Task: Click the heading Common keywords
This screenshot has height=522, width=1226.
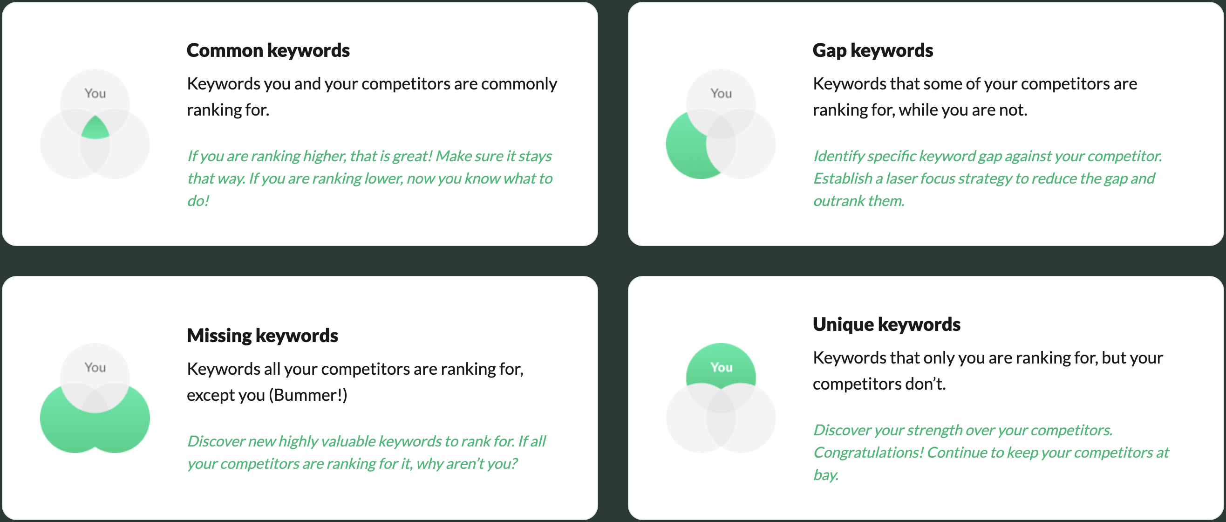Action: click(x=268, y=50)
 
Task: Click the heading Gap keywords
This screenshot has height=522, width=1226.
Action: click(x=872, y=50)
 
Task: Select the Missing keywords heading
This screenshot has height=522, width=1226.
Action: click(x=262, y=336)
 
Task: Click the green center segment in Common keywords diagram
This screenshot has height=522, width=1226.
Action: click(x=95, y=129)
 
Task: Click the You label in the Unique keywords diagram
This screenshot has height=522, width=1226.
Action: click(x=721, y=367)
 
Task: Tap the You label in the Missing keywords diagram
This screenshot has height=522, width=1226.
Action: click(x=95, y=367)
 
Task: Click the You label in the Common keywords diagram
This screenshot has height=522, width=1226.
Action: click(x=95, y=93)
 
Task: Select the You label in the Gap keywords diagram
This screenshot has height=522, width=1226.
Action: click(x=721, y=93)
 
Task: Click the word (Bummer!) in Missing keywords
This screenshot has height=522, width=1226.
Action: click(x=308, y=395)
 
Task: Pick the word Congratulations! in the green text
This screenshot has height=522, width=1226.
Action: click(x=868, y=453)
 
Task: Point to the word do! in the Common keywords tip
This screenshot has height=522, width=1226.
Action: click(x=198, y=201)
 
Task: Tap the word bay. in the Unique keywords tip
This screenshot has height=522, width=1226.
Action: click(x=826, y=475)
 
